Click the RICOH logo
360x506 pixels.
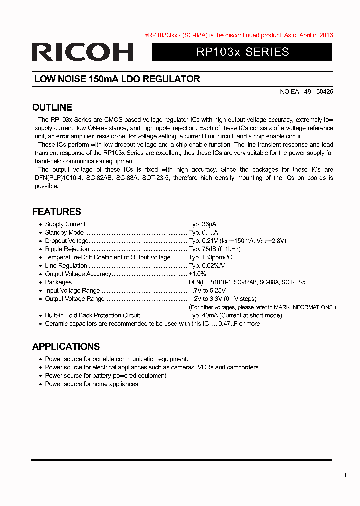point(82,52)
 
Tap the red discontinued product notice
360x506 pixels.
point(239,35)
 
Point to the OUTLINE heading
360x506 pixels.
point(52,107)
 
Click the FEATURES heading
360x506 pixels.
point(57,212)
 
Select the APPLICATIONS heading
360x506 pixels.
point(66,347)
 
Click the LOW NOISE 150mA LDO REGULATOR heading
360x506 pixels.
point(117,79)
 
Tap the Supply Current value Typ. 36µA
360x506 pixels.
point(203,224)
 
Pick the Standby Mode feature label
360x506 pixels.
point(64,233)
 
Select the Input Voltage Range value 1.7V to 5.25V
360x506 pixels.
point(207,291)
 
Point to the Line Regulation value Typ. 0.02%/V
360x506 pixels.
point(210,266)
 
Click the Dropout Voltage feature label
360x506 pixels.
point(66,241)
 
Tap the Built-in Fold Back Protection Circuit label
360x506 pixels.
point(92,316)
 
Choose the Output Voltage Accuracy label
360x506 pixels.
point(78,274)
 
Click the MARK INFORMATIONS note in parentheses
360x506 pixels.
point(262,307)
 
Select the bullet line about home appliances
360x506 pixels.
point(92,384)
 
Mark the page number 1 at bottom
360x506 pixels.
point(345,475)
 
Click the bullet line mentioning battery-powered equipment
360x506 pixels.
point(106,376)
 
